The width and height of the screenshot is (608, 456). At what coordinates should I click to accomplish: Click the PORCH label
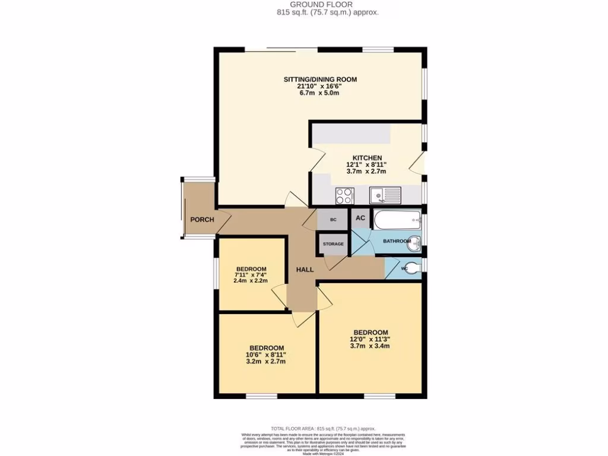202,220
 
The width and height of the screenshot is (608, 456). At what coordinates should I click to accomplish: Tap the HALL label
305,270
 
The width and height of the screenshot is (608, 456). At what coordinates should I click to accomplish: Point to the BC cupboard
333,220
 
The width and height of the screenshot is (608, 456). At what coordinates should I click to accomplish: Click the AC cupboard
360,218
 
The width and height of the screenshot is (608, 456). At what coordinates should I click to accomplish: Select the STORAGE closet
333,244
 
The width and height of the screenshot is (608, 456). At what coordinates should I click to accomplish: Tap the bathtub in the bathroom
397,221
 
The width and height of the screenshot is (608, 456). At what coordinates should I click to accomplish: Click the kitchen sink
385,195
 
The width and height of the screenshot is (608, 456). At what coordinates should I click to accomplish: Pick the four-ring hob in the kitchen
344,195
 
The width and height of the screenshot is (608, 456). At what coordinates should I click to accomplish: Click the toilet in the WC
414,268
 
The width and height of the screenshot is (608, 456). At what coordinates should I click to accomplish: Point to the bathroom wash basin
416,242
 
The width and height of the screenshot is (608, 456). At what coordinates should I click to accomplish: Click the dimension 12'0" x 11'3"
369,339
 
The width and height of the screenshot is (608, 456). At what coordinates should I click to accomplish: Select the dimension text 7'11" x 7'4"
251,275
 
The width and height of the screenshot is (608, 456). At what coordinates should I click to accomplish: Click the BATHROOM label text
396,241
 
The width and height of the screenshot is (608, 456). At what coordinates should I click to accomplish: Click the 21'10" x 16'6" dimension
320,86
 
